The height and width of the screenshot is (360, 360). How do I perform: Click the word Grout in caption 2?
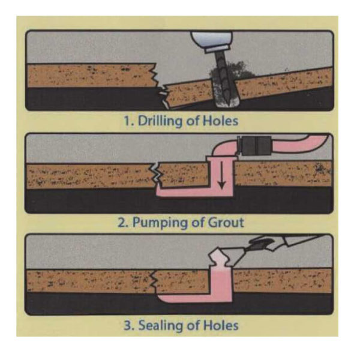(226, 222)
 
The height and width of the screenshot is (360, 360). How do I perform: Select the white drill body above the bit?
(211, 41)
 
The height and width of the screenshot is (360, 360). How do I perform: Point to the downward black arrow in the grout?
(221, 175)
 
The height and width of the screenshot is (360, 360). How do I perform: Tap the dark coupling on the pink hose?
(255, 145)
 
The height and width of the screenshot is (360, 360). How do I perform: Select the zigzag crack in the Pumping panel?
(155, 174)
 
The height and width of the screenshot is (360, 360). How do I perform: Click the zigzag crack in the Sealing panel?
(152, 280)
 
